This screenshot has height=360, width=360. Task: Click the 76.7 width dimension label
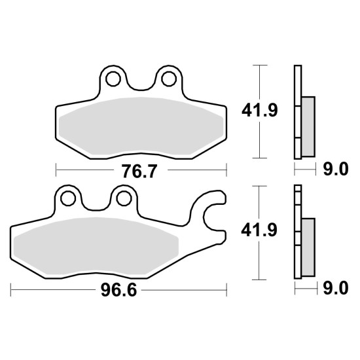139,171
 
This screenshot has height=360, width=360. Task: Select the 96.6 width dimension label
118,290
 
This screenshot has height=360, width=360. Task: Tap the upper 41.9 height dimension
260,111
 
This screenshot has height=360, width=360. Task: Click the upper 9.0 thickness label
336,170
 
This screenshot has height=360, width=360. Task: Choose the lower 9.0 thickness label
336,289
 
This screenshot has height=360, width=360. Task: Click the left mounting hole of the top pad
113,79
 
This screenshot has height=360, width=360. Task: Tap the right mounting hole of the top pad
169,79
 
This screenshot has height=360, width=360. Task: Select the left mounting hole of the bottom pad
68,198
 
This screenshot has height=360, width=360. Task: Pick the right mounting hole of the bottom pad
124,198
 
